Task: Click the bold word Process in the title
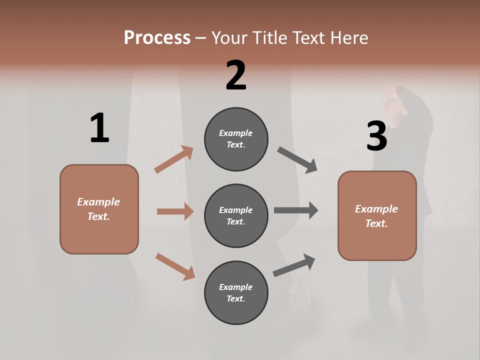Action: coord(157,37)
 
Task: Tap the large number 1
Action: coord(99,128)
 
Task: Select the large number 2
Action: coord(236,75)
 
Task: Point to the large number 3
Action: coord(376,136)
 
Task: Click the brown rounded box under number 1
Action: coord(99,209)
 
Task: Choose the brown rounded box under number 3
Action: coord(377,216)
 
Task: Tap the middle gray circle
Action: coord(236,215)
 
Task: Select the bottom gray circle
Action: coord(236,292)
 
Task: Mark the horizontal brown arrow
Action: coord(175,211)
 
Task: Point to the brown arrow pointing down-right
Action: coord(175,266)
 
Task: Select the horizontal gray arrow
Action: coord(295,210)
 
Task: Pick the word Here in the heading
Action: coord(349,37)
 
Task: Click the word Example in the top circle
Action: coord(235,133)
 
